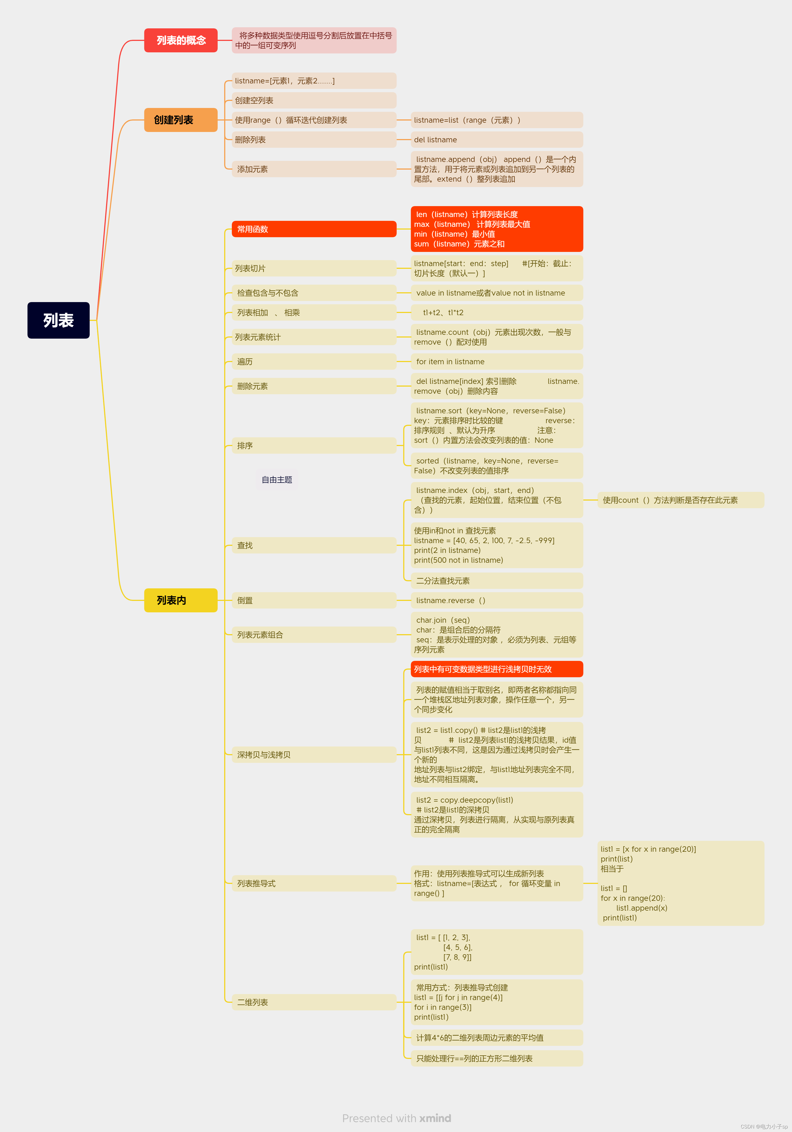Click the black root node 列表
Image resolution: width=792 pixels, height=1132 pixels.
tap(58, 320)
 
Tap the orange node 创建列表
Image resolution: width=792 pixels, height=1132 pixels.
tap(181, 120)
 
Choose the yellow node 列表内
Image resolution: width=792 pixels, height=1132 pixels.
tap(181, 600)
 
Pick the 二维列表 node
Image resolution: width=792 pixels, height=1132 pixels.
tap(314, 1002)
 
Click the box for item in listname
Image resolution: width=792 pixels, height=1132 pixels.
tap(497, 362)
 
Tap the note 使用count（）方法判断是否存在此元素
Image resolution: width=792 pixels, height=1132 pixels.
tap(680, 500)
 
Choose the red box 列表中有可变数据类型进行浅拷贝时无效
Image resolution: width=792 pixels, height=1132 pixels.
tap(497, 669)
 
